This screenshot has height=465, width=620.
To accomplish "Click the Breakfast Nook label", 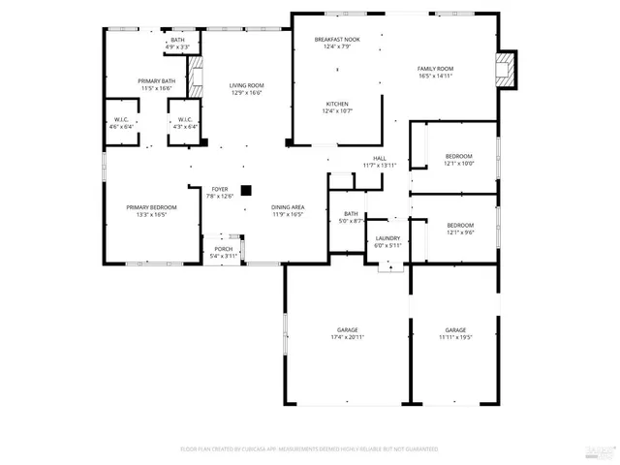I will click(337, 40).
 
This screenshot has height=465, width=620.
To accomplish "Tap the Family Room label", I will click(436, 69).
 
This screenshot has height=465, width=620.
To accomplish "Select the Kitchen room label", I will click(336, 105).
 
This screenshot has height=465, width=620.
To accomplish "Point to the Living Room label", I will click(246, 85).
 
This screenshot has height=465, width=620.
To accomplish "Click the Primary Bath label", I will click(156, 81).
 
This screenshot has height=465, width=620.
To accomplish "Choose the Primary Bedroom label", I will click(150, 207).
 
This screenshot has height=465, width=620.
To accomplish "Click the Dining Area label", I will click(288, 207).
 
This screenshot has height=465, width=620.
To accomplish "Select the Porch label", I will click(222, 249).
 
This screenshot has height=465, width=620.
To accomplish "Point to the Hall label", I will click(379, 159).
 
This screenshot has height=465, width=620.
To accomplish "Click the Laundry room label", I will click(387, 238).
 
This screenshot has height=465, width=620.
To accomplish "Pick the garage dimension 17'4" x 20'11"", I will click(348, 337).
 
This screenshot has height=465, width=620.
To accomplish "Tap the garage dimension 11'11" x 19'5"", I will click(456, 337).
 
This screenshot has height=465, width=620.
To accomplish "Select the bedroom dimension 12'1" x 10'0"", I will click(459, 164).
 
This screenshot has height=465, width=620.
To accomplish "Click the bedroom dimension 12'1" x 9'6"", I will click(459, 233).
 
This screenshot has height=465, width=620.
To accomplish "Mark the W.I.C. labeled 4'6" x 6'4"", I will click(121, 126).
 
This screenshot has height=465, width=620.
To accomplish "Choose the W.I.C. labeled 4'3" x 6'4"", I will click(184, 126).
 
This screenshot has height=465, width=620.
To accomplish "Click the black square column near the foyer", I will click(246, 190).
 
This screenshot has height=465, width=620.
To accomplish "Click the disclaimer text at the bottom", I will click(310, 449).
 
